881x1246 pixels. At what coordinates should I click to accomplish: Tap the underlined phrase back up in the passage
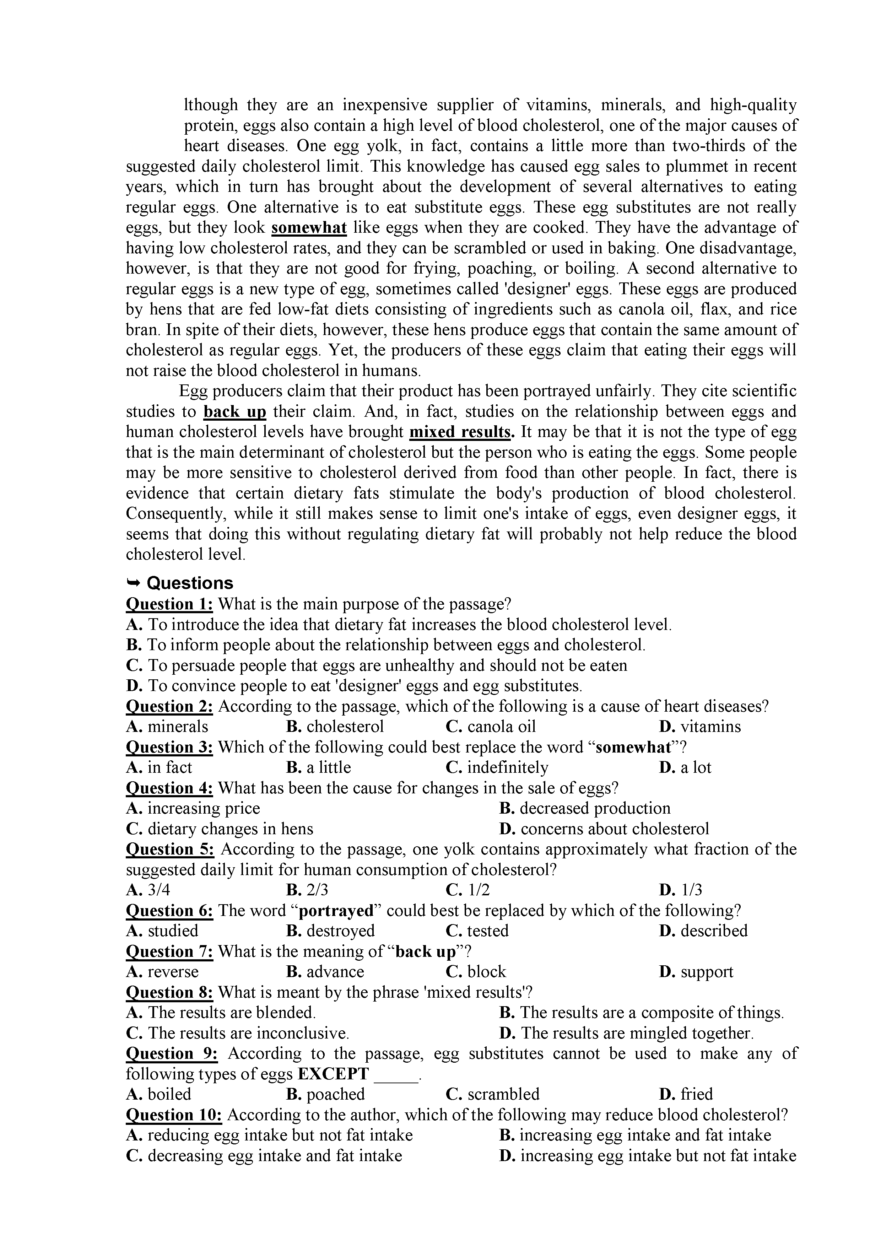[x=235, y=411]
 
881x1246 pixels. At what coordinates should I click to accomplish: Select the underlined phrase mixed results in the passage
[x=461, y=432]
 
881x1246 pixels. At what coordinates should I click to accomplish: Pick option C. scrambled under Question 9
[x=493, y=1094]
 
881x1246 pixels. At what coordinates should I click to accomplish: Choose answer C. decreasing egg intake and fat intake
[x=264, y=1155]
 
